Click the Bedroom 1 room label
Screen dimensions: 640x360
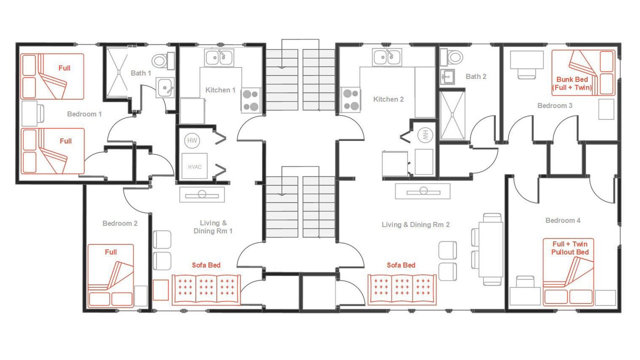click(84, 114)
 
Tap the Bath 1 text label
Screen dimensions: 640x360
click(140, 73)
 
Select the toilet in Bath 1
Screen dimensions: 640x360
click(163, 60)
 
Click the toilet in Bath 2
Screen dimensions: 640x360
click(451, 57)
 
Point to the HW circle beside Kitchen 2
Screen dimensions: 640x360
click(425, 135)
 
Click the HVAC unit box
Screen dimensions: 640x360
click(194, 166)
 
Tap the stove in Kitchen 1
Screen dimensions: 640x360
click(251, 100)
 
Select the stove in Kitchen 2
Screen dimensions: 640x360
click(351, 99)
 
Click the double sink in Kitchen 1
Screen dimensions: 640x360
click(219, 57)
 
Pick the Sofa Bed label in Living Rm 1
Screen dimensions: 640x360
click(206, 265)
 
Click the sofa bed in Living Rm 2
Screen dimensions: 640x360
click(402, 289)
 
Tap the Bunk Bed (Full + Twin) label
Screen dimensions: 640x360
click(571, 83)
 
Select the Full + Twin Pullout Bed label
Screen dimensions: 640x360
click(570, 248)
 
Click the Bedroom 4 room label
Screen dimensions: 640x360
click(563, 220)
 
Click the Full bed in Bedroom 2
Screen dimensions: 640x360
click(110, 275)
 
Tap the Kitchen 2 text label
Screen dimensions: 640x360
click(388, 99)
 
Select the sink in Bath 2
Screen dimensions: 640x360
click(447, 77)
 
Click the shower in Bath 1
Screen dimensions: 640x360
click(117, 73)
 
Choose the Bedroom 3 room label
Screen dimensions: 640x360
click(555, 105)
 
